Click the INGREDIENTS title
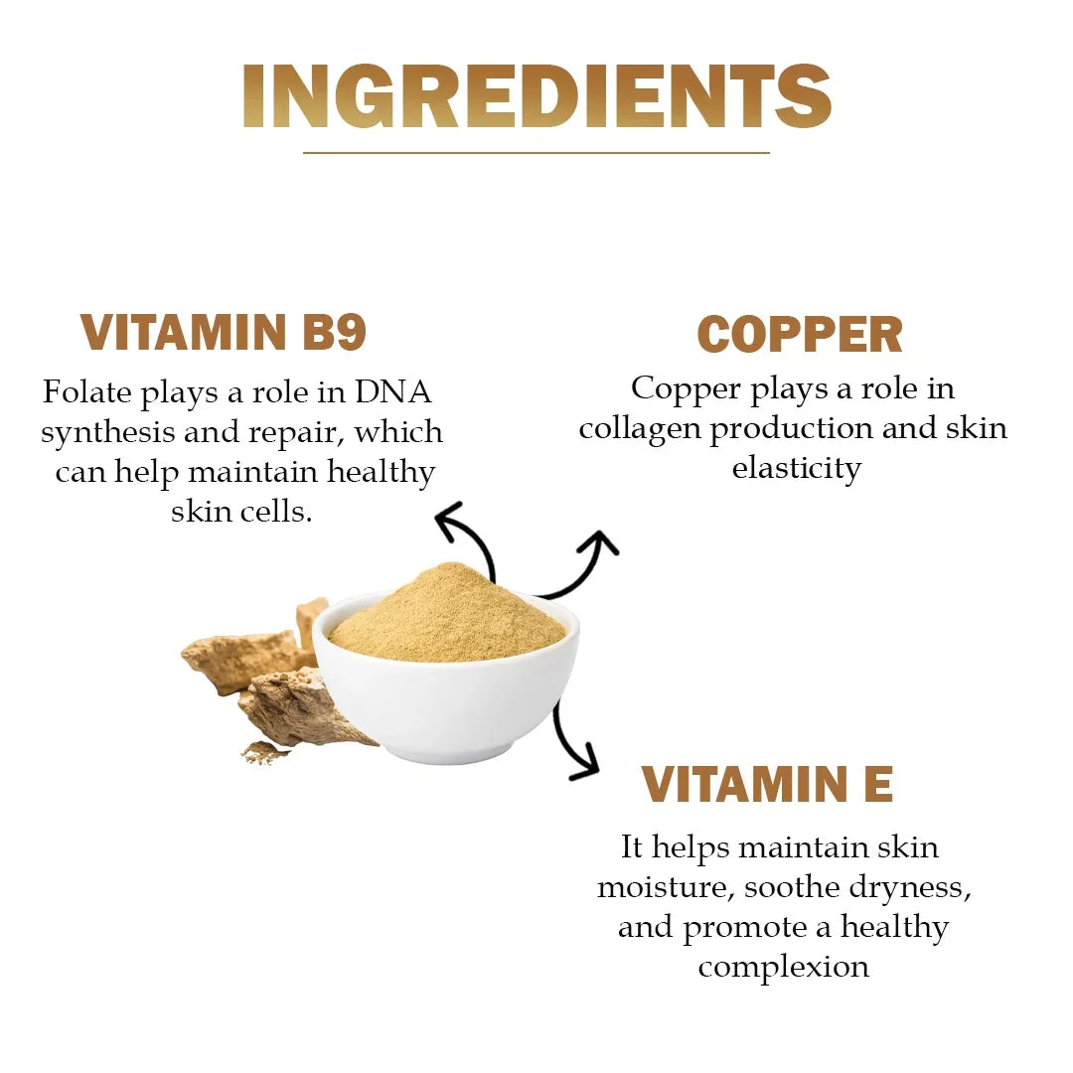point(536,96)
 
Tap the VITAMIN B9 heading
point(224,333)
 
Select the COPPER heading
point(800,335)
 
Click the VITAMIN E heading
point(767,785)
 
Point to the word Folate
point(86,391)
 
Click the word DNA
point(393,391)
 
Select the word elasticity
point(797,467)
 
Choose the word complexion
point(783,966)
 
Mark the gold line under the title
point(536,153)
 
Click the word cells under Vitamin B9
point(273,512)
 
